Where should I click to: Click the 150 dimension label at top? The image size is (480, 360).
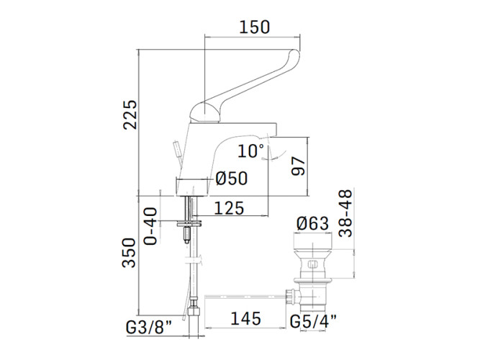coord(254,27)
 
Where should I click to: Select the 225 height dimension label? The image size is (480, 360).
coord(130,114)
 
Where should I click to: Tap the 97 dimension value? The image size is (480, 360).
coord(298,166)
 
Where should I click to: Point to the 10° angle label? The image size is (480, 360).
coord(250,150)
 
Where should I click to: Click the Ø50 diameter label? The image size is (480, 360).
coord(232,178)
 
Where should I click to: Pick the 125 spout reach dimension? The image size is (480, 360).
coord(229,208)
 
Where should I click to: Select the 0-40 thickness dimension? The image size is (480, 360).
coord(150,226)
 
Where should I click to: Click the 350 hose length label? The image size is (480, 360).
coord(129,253)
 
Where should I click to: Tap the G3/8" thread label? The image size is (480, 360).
coord(149,328)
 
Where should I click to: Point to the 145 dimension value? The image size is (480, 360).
coord(245,318)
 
